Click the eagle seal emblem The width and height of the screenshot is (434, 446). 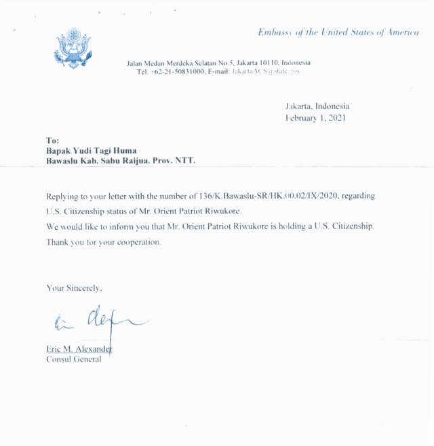point(72,48)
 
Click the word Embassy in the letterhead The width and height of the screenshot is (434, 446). point(276,33)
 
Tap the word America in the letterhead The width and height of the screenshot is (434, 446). point(402,33)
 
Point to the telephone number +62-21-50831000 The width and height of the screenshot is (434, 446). point(178,71)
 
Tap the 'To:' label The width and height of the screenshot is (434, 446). point(52,140)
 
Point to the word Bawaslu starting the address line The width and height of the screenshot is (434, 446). point(63,161)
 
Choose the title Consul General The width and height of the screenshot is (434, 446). point(74,359)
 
